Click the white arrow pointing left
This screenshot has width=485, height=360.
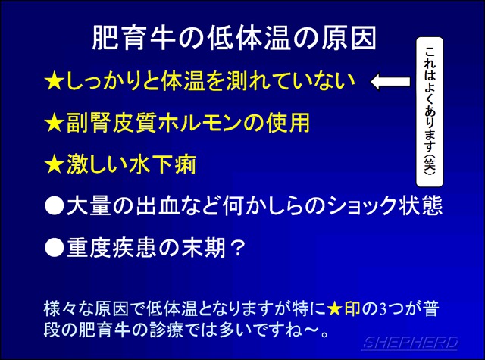pyautogui.click(x=390, y=81)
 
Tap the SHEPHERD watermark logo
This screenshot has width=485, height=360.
pyautogui.click(x=410, y=343)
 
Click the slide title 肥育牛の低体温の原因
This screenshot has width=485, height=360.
pyautogui.click(x=234, y=38)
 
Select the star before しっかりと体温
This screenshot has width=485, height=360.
pyautogui.click(x=54, y=81)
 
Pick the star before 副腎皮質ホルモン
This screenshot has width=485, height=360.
pyautogui.click(x=54, y=123)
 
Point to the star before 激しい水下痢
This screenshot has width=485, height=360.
pyautogui.click(x=54, y=164)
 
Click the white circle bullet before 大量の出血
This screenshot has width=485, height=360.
pyautogui.click(x=54, y=205)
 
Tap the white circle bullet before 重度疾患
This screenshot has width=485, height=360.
pyautogui.click(x=54, y=248)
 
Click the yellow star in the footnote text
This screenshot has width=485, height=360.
pyautogui.click(x=334, y=309)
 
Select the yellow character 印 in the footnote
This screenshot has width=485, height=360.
pyautogui.click(x=352, y=309)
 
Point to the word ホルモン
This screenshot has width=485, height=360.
pyautogui.click(x=200, y=123)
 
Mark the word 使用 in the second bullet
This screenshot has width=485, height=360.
pyautogui.click(x=288, y=123)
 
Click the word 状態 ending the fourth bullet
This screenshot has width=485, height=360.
pyautogui.click(x=420, y=205)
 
